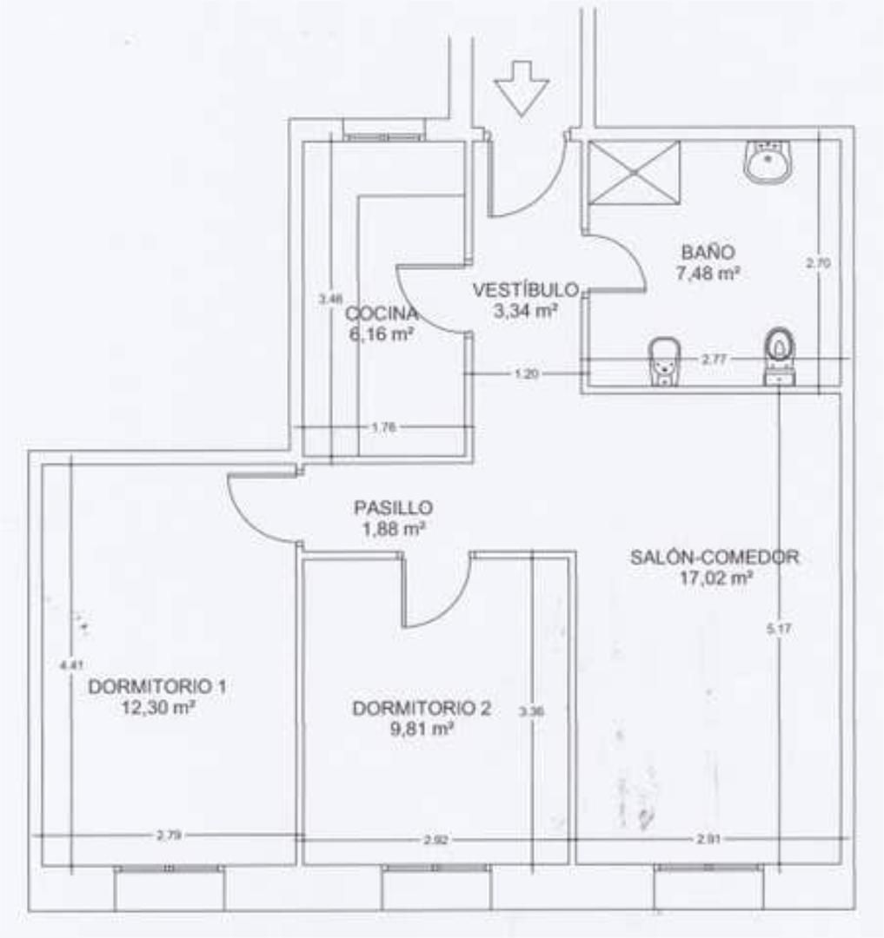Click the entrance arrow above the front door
(x=522, y=88)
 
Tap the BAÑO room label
(x=708, y=253)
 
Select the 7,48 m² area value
(x=708, y=273)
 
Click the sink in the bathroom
(x=768, y=162)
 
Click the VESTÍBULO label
(x=525, y=290)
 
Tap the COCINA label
(x=381, y=314)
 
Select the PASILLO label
(x=393, y=508)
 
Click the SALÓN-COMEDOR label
(x=715, y=558)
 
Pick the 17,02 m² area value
(x=716, y=577)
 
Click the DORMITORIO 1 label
(x=157, y=687)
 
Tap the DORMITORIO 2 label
(x=422, y=709)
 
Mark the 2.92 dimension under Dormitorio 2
(x=435, y=840)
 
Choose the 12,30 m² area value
(x=157, y=708)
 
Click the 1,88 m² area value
(x=393, y=527)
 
